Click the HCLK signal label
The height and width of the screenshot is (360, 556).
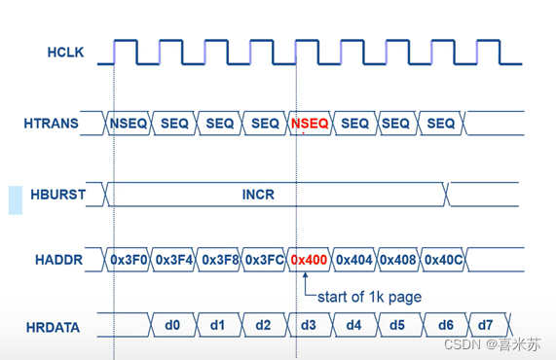(65, 53)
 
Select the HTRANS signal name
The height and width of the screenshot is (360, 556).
(51, 124)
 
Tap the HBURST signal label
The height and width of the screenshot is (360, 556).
(58, 195)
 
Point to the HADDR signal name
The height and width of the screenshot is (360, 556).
(58, 260)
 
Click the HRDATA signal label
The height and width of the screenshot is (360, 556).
(53, 328)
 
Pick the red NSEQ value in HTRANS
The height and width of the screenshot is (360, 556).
(310, 124)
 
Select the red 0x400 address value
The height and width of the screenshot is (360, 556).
(309, 260)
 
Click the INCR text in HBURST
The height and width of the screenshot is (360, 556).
(258, 195)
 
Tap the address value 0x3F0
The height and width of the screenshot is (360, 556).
(129, 260)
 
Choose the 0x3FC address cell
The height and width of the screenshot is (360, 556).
(265, 260)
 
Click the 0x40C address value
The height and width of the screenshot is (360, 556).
(444, 260)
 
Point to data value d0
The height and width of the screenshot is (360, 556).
(172, 325)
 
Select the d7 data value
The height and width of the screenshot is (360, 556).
(486, 325)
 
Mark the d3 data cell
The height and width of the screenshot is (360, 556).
(309, 325)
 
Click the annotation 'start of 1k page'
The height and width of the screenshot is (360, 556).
(369, 297)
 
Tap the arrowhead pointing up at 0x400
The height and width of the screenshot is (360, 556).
(306, 274)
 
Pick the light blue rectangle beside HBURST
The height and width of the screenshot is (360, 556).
(16, 200)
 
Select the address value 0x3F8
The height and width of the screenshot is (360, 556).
(220, 260)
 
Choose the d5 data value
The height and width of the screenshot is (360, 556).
(397, 325)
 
